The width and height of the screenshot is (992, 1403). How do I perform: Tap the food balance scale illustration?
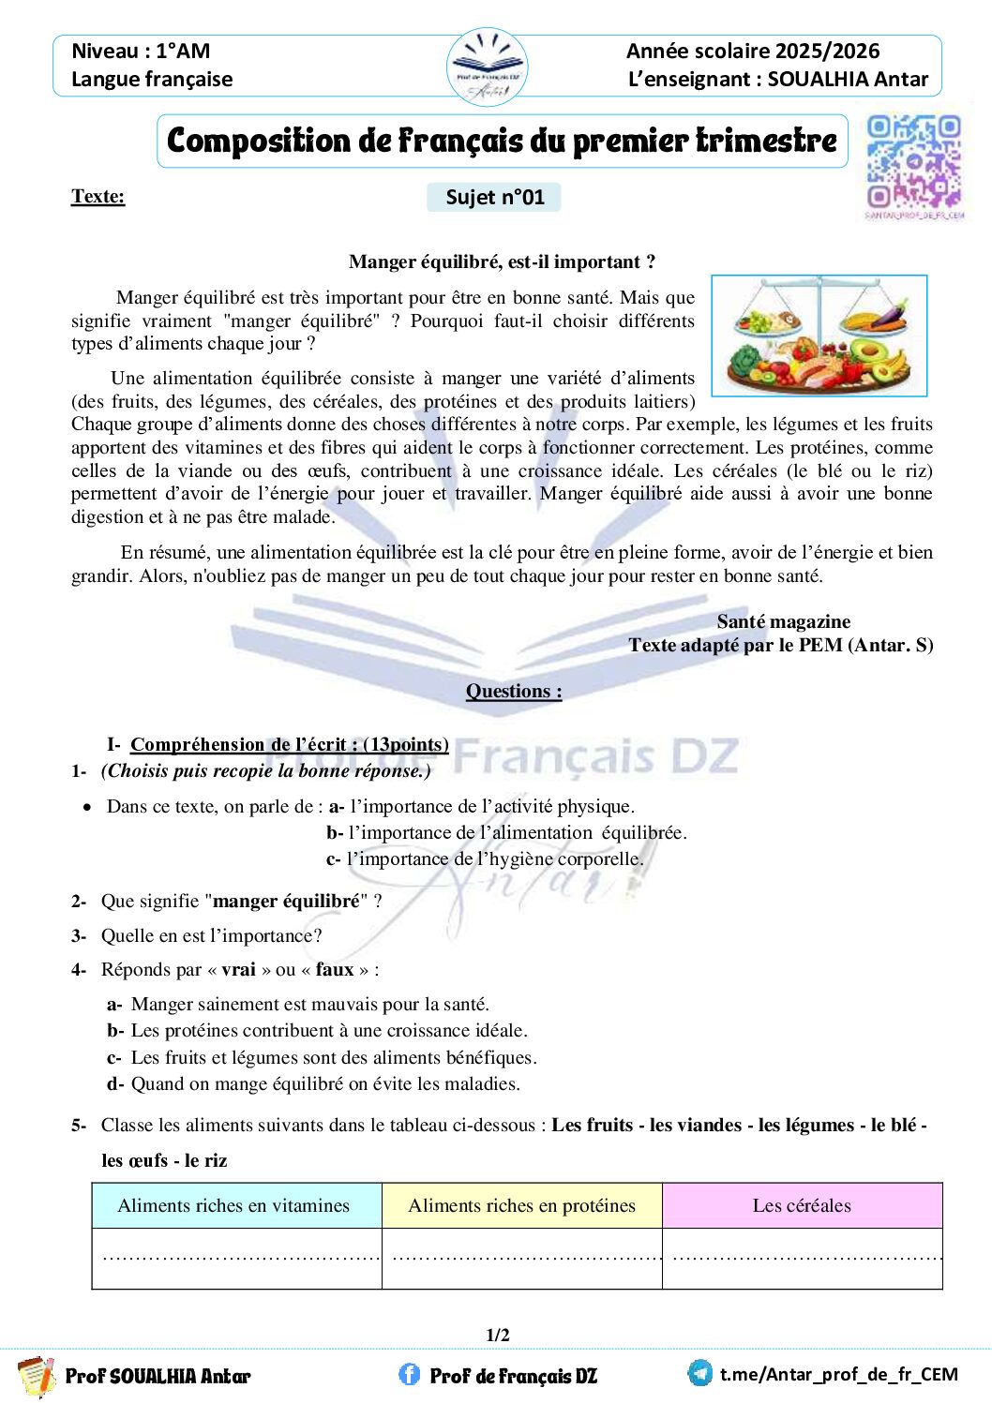[819, 336]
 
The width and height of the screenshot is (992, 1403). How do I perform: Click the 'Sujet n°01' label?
[494, 197]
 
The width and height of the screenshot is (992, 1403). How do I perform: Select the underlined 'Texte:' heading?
[98, 196]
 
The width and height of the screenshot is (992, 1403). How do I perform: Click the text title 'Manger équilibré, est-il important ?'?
[502, 261]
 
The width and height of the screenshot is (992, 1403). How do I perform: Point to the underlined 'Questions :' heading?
[514, 691]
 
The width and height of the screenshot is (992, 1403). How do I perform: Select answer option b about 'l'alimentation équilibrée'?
[506, 832]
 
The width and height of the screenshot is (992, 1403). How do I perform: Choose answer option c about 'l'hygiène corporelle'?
[485, 858]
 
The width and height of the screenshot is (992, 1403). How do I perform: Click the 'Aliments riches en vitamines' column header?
[233, 1205]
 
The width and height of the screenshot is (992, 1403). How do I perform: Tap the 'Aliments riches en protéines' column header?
[521, 1205]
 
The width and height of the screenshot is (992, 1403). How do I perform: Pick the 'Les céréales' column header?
[802, 1205]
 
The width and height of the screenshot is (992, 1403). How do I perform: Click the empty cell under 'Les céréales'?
[802, 1258]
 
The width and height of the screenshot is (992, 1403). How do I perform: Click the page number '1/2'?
[498, 1335]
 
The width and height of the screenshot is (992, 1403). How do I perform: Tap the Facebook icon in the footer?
[409, 1374]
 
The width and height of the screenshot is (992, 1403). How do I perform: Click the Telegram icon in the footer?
[699, 1373]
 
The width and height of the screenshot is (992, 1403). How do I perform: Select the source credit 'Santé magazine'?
[783, 621]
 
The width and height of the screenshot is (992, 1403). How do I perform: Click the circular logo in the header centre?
[487, 67]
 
